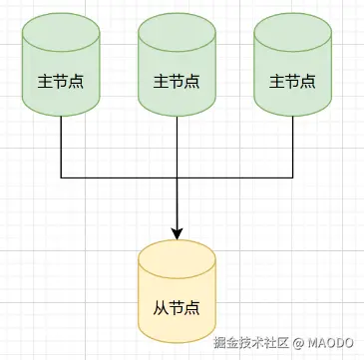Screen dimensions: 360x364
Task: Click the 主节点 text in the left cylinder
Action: (x=61, y=78)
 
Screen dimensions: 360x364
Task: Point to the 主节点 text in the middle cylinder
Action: (x=177, y=78)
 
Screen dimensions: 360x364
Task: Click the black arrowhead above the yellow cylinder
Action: (x=177, y=232)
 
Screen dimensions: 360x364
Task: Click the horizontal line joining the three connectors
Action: (x=120, y=179)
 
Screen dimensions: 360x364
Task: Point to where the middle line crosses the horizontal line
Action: (x=177, y=179)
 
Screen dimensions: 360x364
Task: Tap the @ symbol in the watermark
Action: (x=297, y=342)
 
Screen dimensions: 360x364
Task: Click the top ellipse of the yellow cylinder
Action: (x=177, y=252)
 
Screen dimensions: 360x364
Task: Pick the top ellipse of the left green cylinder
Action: (x=61, y=31)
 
